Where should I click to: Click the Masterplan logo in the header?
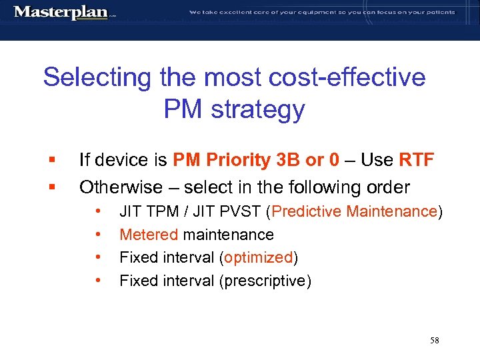click(x=62, y=12)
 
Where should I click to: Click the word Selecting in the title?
click(x=98, y=77)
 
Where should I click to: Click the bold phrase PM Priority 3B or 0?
click(x=257, y=160)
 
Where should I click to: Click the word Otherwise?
click(x=121, y=187)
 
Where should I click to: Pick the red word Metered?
click(x=149, y=235)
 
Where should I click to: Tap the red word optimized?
click(x=258, y=257)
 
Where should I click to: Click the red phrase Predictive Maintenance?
click(x=354, y=212)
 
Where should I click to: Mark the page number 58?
click(x=434, y=341)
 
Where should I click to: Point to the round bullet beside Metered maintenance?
click(x=99, y=235)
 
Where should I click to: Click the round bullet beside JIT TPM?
click(x=99, y=212)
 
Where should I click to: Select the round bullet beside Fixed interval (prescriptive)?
click(x=99, y=281)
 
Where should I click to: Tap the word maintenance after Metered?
click(x=228, y=235)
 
